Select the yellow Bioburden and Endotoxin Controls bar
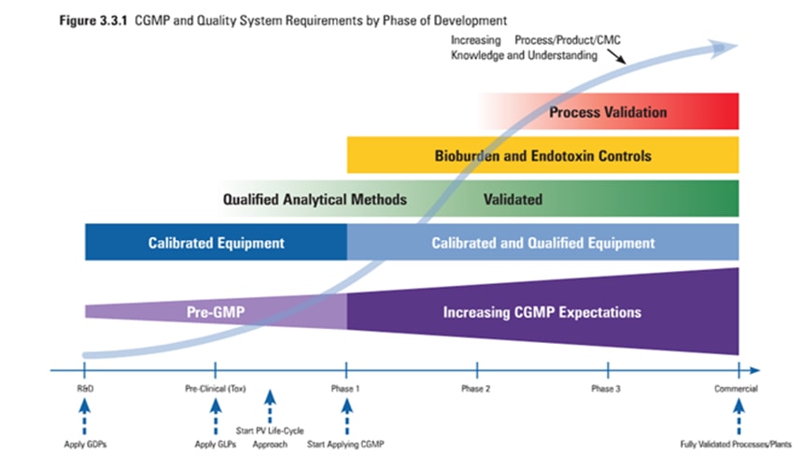pyautogui.click(x=542, y=155)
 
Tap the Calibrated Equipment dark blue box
pyautogui.click(x=216, y=243)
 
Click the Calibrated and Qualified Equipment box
pyautogui.click(x=542, y=243)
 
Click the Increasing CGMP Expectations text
pyautogui.click(x=542, y=311)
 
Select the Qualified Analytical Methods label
pyautogui.click(x=315, y=199)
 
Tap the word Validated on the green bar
pyautogui.click(x=513, y=199)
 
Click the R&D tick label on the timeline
pyautogui.click(x=84, y=388)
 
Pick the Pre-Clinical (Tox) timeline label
pyautogui.click(x=215, y=388)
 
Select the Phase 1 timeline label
pyautogui.click(x=346, y=388)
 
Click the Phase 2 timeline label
pyautogui.click(x=477, y=388)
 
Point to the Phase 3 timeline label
pyautogui.click(x=607, y=388)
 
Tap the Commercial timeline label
pyautogui.click(x=738, y=388)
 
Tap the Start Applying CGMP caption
pyautogui.click(x=345, y=443)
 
